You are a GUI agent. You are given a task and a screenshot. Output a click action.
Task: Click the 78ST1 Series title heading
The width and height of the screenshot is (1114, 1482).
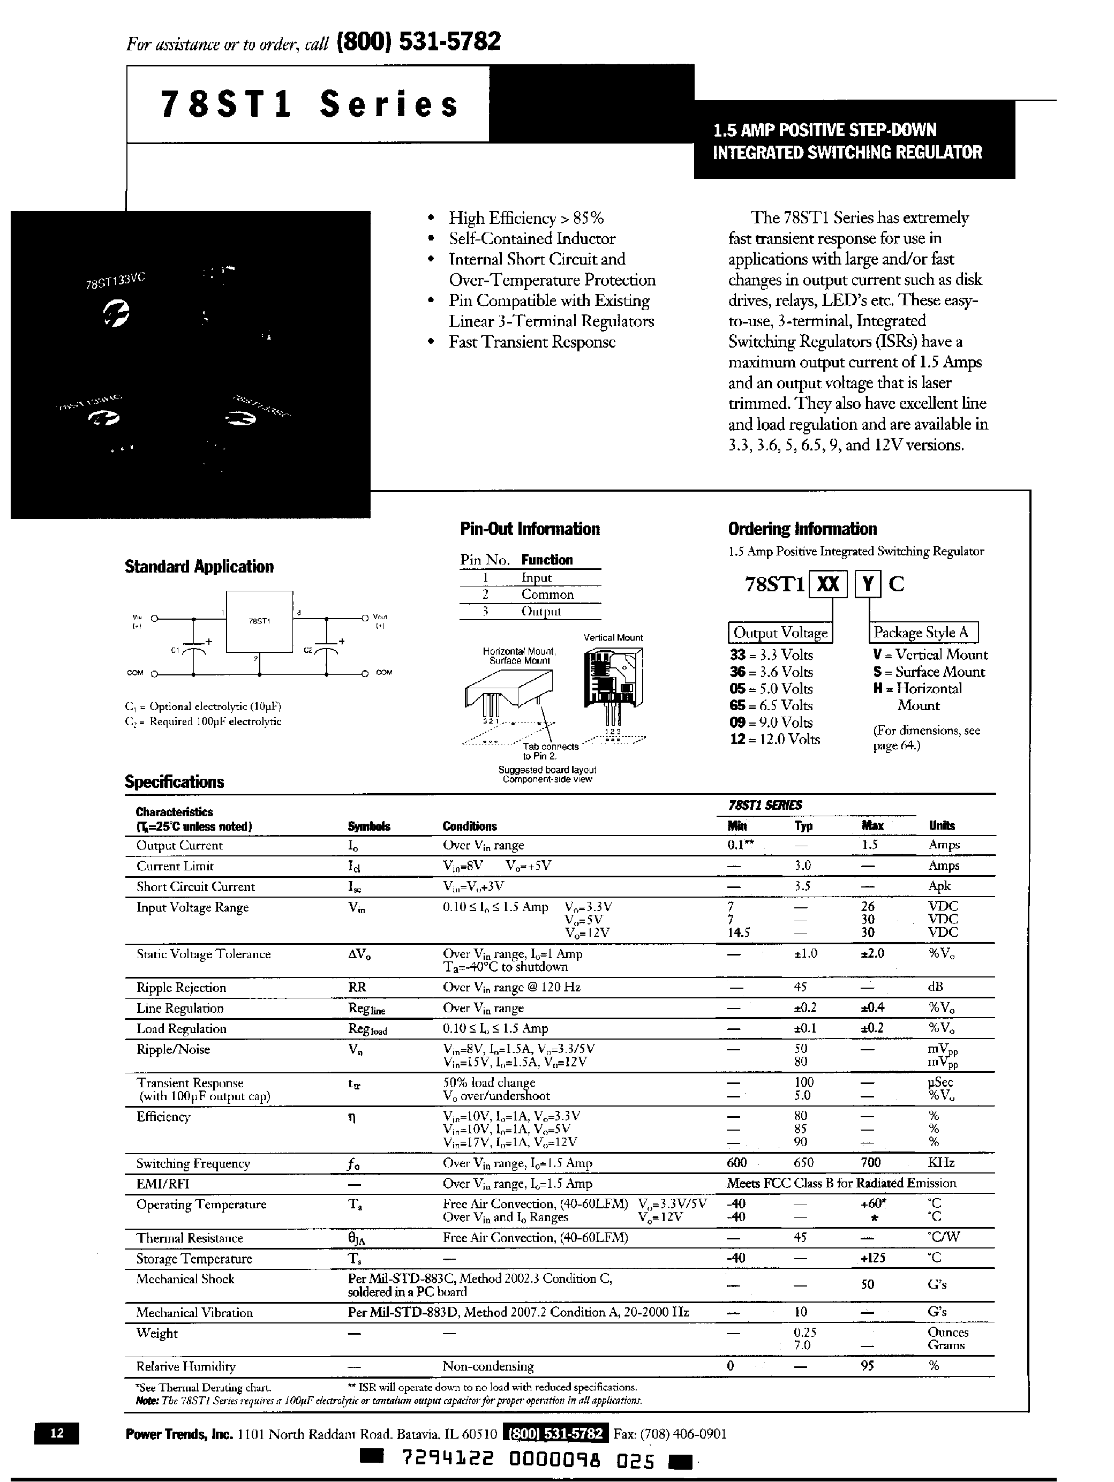310,104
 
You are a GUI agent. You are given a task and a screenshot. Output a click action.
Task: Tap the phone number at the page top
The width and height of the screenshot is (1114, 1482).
419,42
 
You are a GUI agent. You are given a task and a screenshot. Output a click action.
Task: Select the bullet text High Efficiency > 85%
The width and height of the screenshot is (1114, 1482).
526,219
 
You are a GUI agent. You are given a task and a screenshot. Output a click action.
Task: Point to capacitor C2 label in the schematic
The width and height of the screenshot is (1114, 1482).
308,650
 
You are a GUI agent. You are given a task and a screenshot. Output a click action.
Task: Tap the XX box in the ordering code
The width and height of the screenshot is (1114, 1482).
829,584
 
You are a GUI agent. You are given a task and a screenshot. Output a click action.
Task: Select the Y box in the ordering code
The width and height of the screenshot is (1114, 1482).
868,584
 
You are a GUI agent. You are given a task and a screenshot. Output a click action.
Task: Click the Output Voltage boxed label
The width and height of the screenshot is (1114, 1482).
780,633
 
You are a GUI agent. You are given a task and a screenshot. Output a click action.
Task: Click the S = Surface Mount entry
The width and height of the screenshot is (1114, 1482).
929,672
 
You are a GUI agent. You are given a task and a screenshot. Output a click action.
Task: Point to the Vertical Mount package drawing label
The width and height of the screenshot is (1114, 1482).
613,638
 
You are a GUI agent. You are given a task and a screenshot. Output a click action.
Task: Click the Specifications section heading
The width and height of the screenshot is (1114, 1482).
174,782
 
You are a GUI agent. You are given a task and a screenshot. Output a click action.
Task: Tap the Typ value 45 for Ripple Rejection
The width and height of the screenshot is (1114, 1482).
800,987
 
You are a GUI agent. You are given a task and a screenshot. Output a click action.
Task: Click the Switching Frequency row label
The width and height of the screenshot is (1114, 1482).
193,1164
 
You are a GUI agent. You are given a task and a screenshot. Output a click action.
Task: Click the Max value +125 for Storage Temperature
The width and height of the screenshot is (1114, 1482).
872,1258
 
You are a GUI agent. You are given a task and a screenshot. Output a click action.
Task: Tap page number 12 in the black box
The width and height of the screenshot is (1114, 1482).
57,1432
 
